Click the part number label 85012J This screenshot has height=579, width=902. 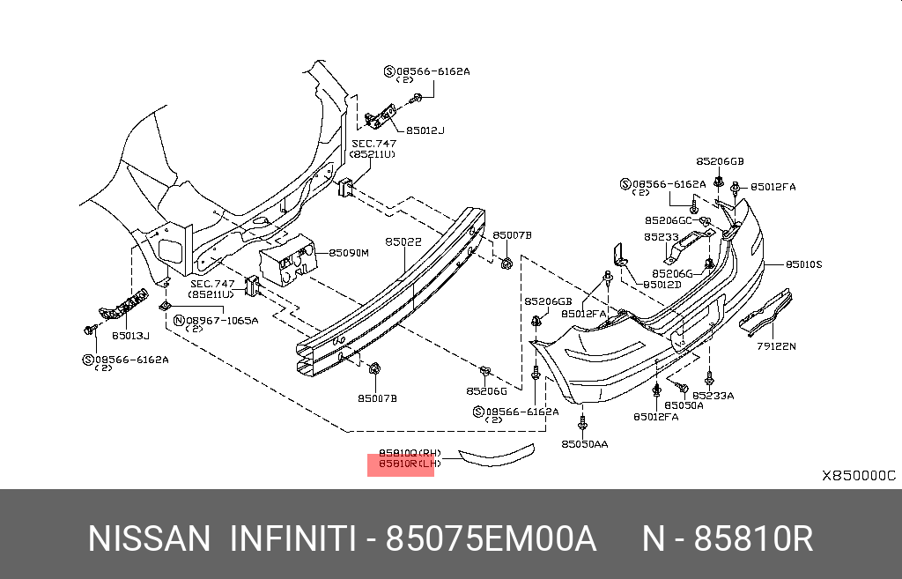coord(425,130)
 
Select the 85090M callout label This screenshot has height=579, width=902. coord(348,252)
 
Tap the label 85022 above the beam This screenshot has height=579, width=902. coord(403,240)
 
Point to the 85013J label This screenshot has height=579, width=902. coord(130,335)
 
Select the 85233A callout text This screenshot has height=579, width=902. coord(713,396)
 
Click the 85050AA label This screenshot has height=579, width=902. coord(584,444)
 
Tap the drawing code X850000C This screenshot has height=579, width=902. coord(858,476)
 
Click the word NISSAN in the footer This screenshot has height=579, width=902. coord(150,538)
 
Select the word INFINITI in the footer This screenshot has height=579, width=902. coord(292,538)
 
